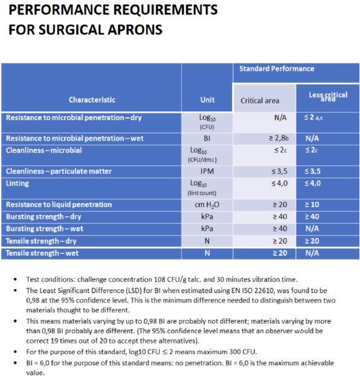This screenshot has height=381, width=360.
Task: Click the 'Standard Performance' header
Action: pyautogui.click(x=277, y=69)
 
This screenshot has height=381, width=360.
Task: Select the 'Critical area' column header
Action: pyautogui.click(x=260, y=101)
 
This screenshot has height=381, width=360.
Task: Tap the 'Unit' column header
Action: pyautogui.click(x=207, y=100)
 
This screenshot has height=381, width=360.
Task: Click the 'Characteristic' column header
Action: pyautogui.click(x=92, y=100)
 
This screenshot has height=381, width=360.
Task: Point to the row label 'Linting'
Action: pyautogui.click(x=18, y=183)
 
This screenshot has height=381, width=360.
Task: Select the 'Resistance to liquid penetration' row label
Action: pyautogui.click(x=59, y=205)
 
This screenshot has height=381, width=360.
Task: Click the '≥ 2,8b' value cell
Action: pyautogui.click(x=279, y=138)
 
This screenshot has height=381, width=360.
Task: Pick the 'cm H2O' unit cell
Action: pyautogui.click(x=207, y=205)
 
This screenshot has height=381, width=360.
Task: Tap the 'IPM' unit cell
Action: pyautogui.click(x=207, y=171)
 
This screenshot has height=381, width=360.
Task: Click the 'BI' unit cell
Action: pyautogui.click(x=207, y=138)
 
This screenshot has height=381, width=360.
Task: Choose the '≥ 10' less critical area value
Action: pyautogui.click(x=312, y=205)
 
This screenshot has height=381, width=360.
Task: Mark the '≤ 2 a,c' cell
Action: pyautogui.click(x=313, y=117)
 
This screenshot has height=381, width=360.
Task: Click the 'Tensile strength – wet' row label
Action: pyautogui.click(x=42, y=253)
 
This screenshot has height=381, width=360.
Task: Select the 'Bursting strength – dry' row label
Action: pyautogui.click(x=43, y=217)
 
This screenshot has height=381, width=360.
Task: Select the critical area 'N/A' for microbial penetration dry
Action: pyautogui.click(x=280, y=118)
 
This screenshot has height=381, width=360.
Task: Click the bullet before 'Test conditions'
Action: pyautogui.click(x=15, y=280)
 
